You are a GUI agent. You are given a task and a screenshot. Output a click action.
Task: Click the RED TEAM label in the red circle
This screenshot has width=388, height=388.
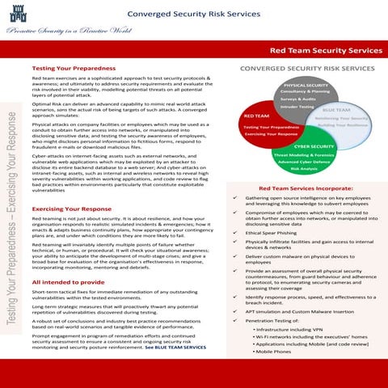click(257, 116)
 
